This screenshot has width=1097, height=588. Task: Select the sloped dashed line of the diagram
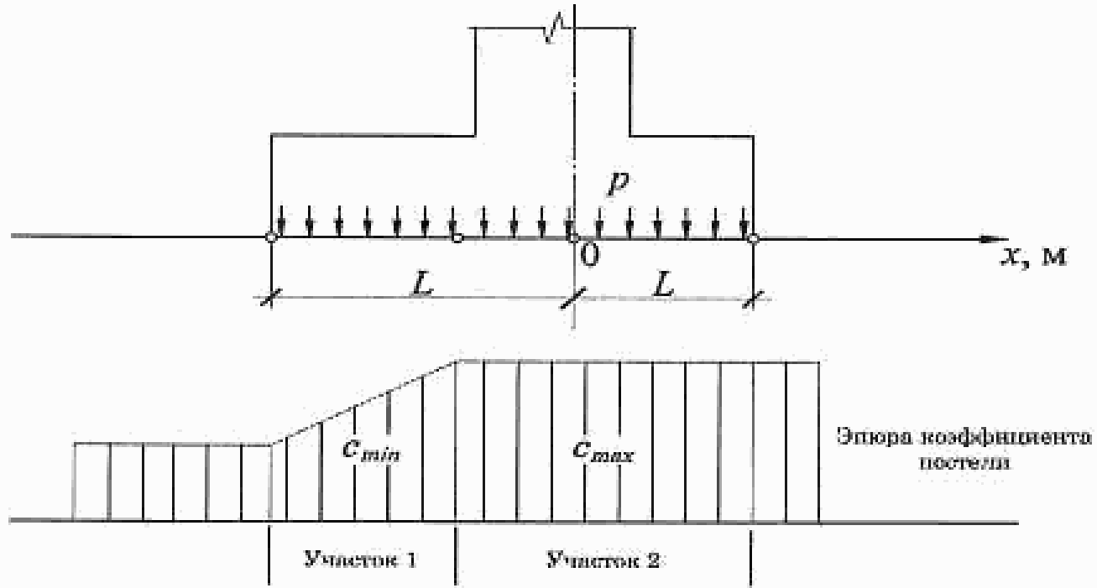click(x=363, y=400)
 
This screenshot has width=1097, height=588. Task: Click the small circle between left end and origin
click(x=457, y=239)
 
